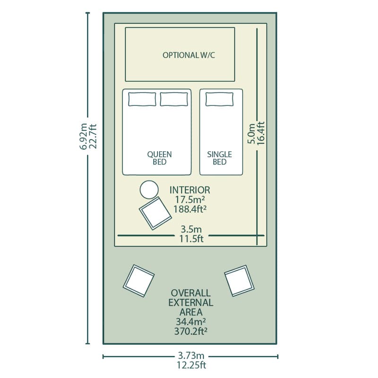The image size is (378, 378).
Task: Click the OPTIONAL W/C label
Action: point(189,55)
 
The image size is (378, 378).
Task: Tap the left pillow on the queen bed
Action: point(142,99)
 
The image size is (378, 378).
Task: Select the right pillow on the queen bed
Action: point(174,99)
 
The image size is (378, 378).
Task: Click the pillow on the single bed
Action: point(219,99)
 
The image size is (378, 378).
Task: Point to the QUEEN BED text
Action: point(159,158)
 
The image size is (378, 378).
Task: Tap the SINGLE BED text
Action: point(219,158)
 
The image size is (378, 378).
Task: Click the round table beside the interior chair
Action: point(149,190)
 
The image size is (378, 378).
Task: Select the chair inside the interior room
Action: point(155,213)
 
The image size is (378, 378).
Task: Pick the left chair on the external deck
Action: point(139,281)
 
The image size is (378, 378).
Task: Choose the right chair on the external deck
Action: point(240,281)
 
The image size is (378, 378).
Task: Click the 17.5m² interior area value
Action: point(190,199)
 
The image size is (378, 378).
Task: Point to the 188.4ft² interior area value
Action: point(190,209)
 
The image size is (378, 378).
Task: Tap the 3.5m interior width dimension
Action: point(191,229)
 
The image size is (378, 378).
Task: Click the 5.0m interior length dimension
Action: point(251,133)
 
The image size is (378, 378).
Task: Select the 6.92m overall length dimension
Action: point(83,137)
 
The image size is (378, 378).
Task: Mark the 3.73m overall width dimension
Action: point(191,356)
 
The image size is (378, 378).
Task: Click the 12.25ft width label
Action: point(191,365)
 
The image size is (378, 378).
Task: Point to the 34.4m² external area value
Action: point(191,322)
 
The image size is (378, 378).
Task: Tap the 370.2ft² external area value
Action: point(191,331)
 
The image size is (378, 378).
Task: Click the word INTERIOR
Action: point(190,190)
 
